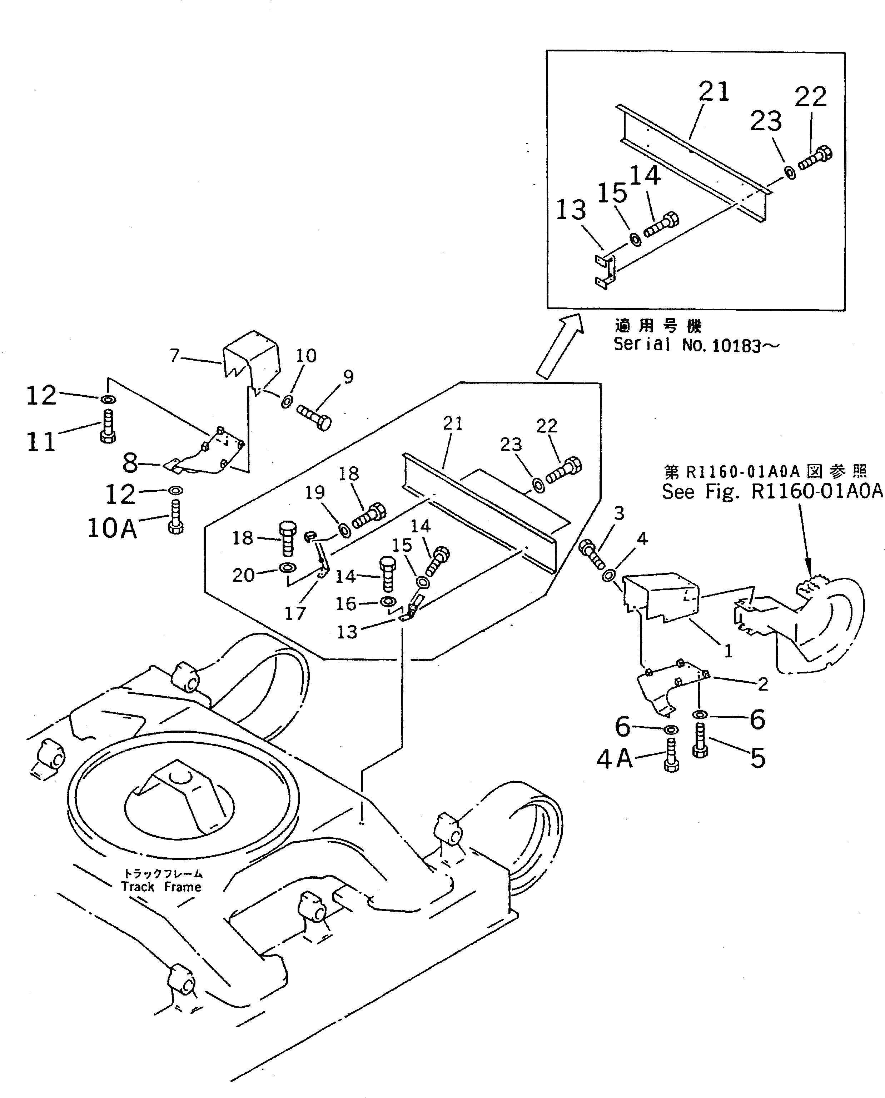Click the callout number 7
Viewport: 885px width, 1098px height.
[x=175, y=355]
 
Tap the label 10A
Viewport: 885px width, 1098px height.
[x=112, y=528]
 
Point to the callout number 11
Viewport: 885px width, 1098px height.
[x=41, y=441]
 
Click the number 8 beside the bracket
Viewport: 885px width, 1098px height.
[x=130, y=463]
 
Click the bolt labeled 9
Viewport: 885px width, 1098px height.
[x=314, y=418]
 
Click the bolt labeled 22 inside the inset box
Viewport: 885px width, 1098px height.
[x=815, y=157]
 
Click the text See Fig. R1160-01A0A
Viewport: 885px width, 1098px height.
[x=771, y=492]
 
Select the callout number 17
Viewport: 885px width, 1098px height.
[x=295, y=613]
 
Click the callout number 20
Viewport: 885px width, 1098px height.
[x=243, y=575]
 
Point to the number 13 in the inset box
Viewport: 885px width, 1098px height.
[x=571, y=210]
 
